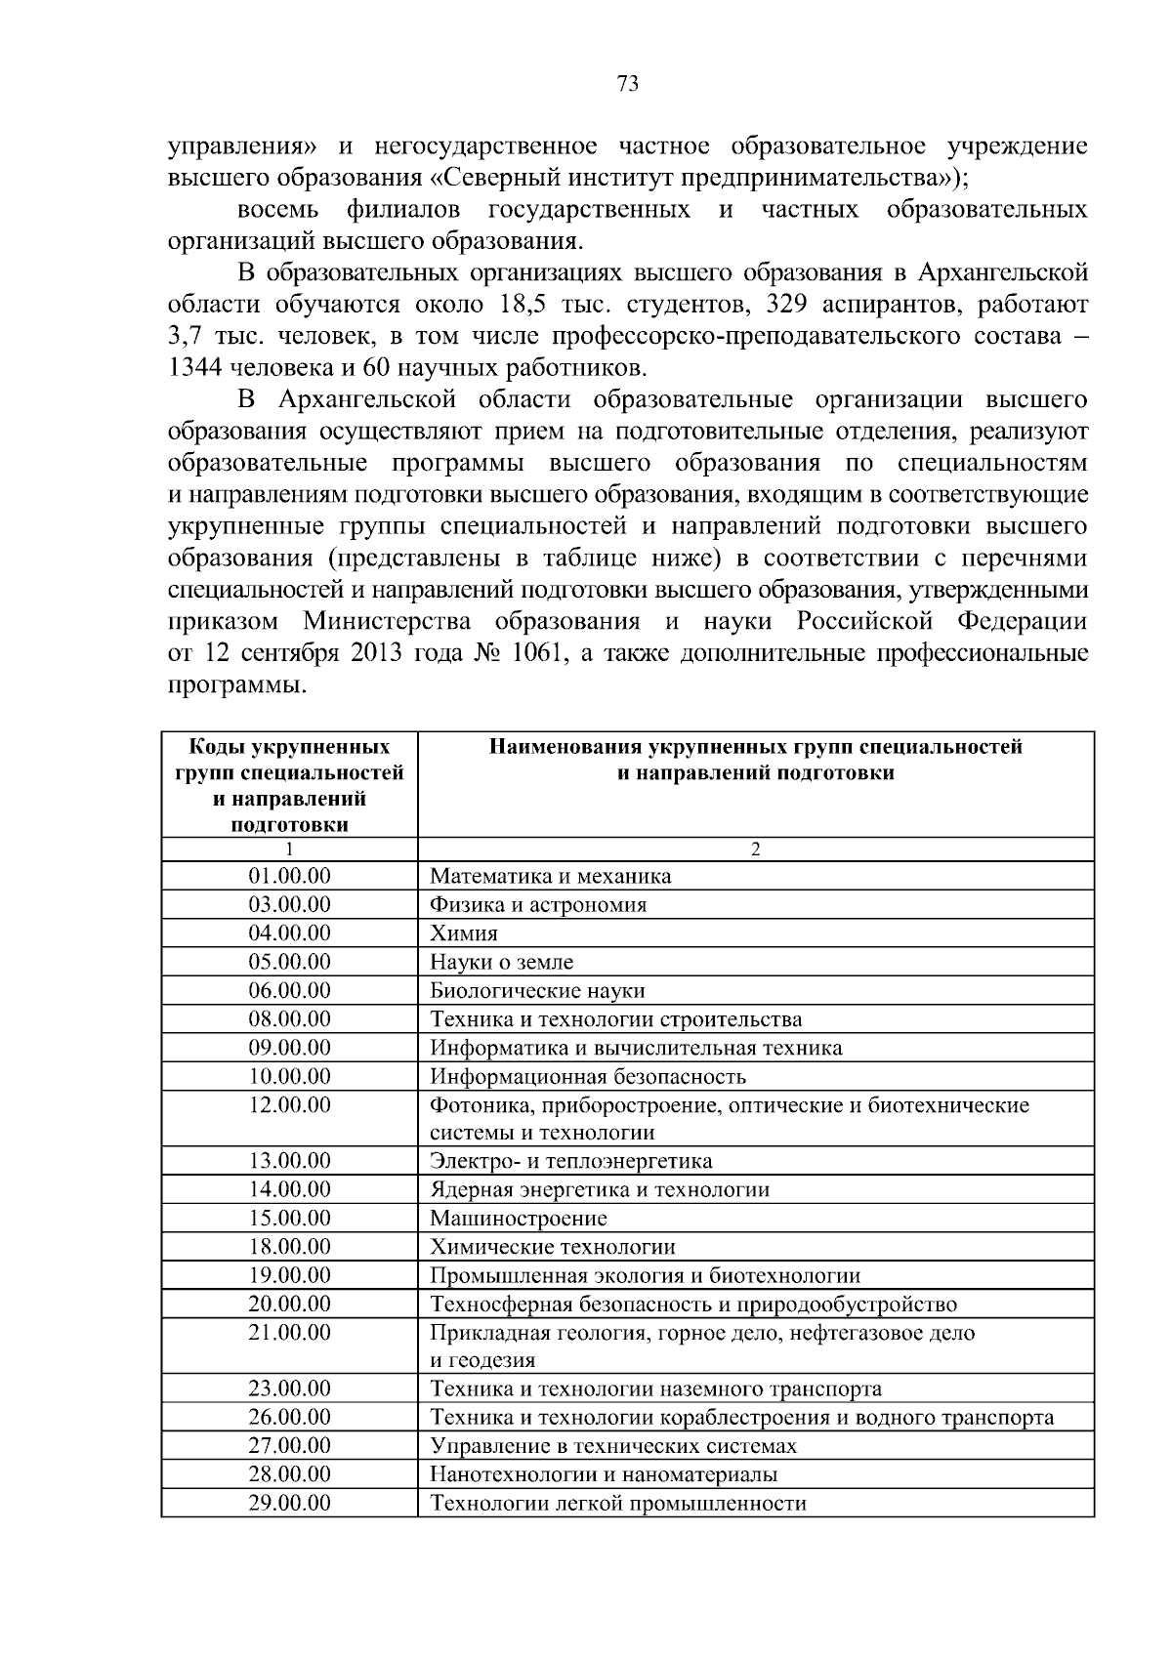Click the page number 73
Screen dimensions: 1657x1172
pyautogui.click(x=628, y=84)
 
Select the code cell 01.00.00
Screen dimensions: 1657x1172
pyautogui.click(x=289, y=876)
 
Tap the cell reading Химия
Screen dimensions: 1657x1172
pyautogui.click(x=464, y=933)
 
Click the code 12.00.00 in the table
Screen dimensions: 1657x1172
pyautogui.click(x=289, y=1105)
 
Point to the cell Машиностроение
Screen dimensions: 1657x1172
pyautogui.click(x=519, y=1219)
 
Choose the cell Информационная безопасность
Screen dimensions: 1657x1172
pyautogui.click(x=588, y=1077)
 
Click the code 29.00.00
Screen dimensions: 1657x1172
pyautogui.click(x=289, y=1503)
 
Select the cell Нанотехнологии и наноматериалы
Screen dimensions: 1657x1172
pyautogui.click(x=604, y=1474)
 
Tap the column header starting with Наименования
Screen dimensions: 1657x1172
pyautogui.click(x=755, y=761)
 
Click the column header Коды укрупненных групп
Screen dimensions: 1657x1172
pyautogui.click(x=289, y=785)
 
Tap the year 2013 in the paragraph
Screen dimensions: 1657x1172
pyautogui.click(x=370, y=653)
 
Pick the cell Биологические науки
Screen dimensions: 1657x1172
pyautogui.click(x=537, y=991)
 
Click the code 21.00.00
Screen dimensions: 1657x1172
pyautogui.click(x=289, y=1333)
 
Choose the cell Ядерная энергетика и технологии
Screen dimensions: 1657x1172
pyautogui.click(x=600, y=1190)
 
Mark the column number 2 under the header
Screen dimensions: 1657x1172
pyautogui.click(x=755, y=849)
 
